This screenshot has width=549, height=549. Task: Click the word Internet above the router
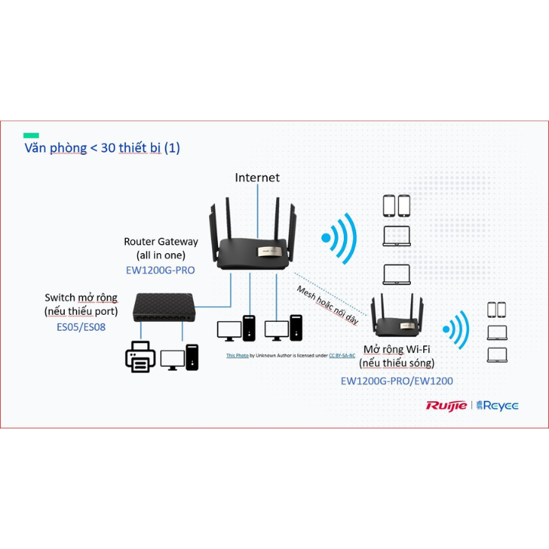click(x=257, y=178)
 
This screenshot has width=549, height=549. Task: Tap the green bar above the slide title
click(x=31, y=135)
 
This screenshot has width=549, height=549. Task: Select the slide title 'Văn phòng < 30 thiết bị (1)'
click(x=102, y=148)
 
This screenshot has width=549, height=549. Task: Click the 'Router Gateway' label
click(x=161, y=242)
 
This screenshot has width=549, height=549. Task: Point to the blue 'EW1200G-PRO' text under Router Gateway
click(x=161, y=270)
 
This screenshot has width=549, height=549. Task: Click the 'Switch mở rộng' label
click(x=81, y=297)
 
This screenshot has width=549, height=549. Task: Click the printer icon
click(x=140, y=356)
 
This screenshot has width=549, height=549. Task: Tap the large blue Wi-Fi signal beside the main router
click(x=339, y=239)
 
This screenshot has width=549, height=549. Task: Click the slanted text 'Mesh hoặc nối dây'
click(x=327, y=305)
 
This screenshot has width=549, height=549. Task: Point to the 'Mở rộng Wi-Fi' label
click(x=396, y=349)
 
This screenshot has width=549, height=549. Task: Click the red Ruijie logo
click(x=446, y=406)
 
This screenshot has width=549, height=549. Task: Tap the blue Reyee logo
click(x=497, y=406)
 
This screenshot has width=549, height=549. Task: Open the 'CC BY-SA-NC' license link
click(x=342, y=355)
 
